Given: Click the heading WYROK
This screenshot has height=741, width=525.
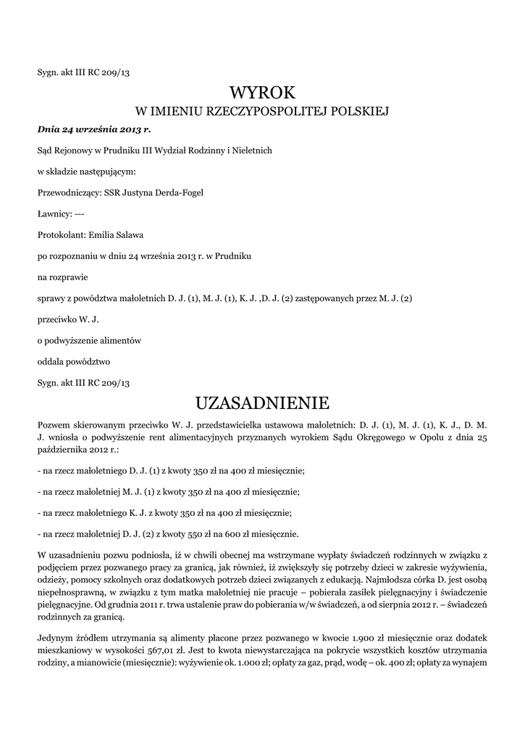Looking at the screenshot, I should pyautogui.click(x=262, y=93).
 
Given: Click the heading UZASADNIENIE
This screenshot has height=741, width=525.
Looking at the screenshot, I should pyautogui.click(x=262, y=402).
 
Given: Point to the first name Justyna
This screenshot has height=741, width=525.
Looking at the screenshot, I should pyautogui.click(x=140, y=193).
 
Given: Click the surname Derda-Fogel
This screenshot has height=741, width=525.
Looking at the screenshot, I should pyautogui.click(x=181, y=193).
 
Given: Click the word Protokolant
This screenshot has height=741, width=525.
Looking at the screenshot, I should pyautogui.click(x=60, y=234).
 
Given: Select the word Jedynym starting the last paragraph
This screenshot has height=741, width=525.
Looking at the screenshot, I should pyautogui.click(x=55, y=637).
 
